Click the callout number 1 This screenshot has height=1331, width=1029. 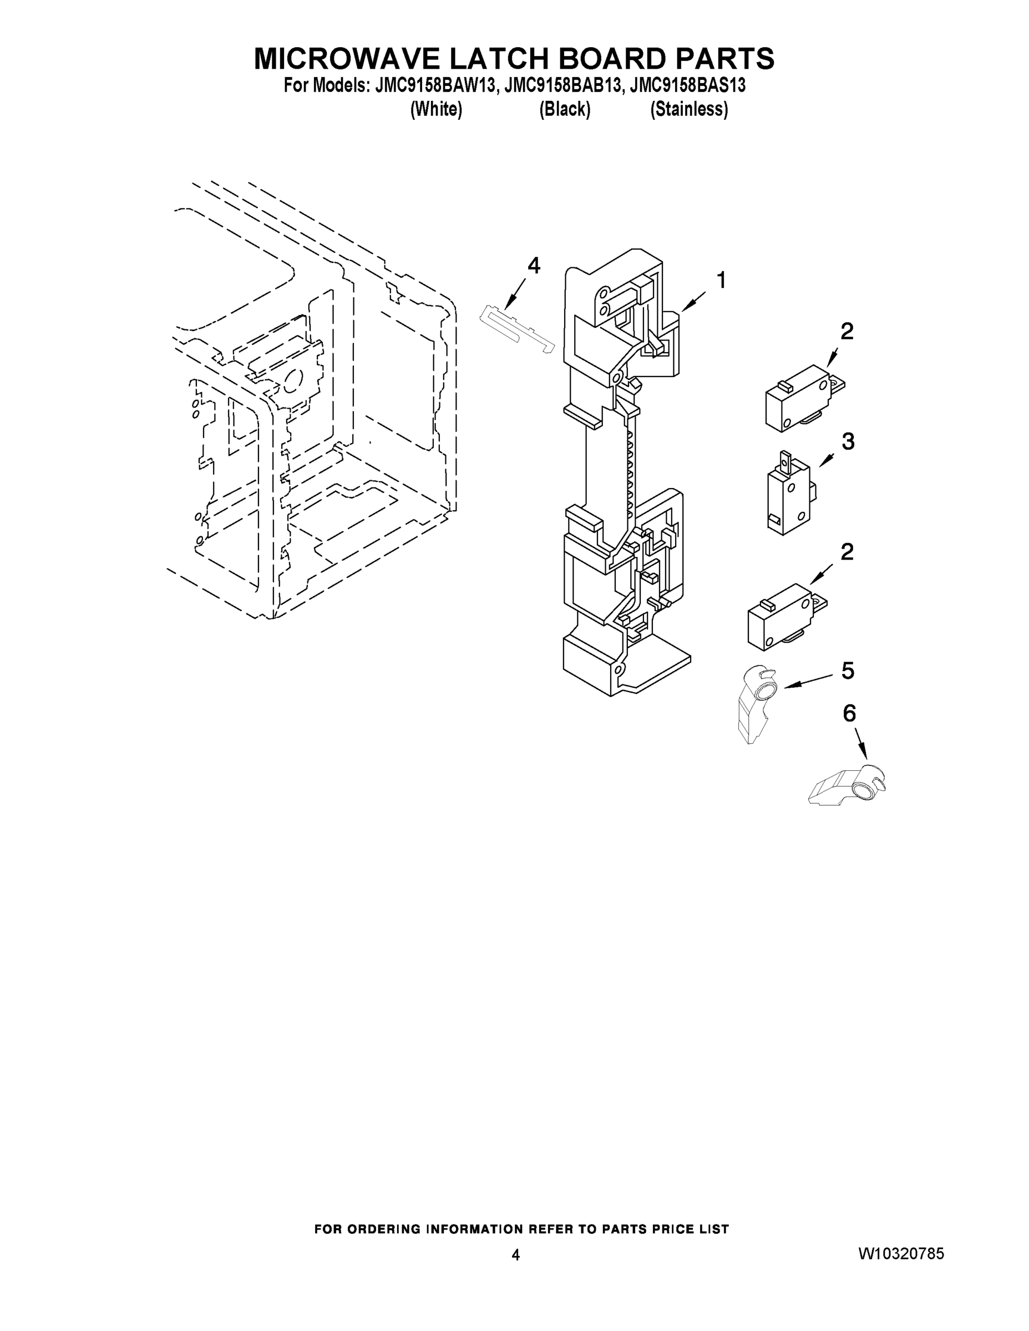(721, 281)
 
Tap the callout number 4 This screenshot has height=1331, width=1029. (534, 266)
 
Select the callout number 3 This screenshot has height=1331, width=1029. (848, 441)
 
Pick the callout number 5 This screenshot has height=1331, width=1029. (848, 671)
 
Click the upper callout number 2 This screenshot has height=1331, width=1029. (846, 332)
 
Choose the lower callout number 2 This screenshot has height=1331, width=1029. (846, 552)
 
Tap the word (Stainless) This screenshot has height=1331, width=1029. (689, 109)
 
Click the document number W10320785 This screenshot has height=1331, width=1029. (901, 1253)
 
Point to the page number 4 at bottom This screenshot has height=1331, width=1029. (516, 1255)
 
